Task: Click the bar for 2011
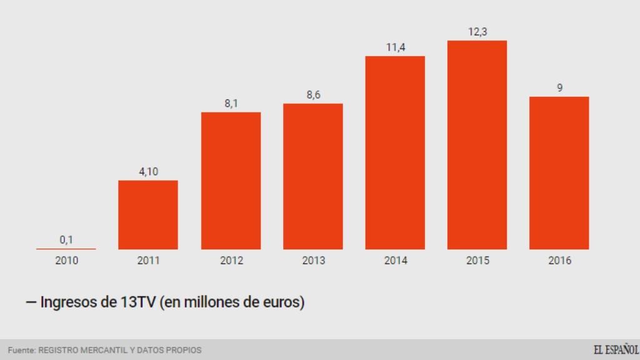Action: coord(148,214)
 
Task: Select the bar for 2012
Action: coord(231,181)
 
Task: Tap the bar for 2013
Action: coord(313,176)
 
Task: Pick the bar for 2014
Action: coord(395,152)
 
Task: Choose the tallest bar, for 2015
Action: coord(477,145)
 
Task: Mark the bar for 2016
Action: coord(559,172)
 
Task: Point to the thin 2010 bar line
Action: coord(66,249)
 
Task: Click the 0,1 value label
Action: coord(66,239)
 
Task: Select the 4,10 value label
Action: coord(148,171)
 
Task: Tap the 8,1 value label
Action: coord(231,103)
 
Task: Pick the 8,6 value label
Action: coord(313,94)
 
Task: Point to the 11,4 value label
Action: coord(395,47)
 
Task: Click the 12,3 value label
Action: coord(477,31)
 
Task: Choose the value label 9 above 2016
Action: coord(559,87)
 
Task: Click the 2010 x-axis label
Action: coord(66,261)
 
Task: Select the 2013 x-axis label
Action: coord(313,261)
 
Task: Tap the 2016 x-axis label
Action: coord(559,261)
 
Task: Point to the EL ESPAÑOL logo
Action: coord(615,349)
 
